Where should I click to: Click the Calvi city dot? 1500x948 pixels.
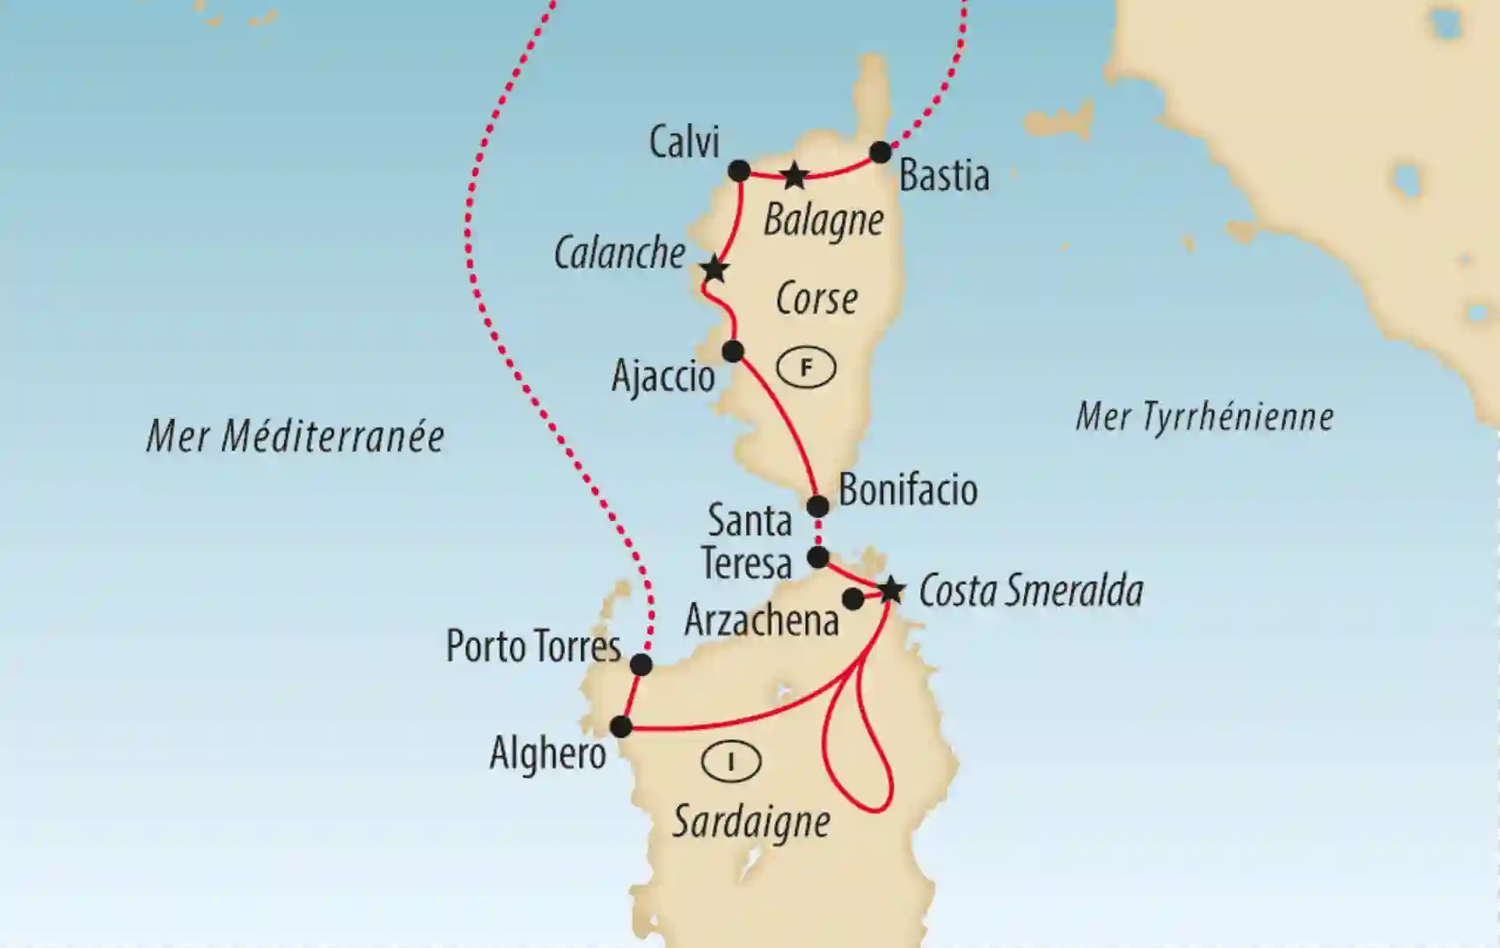(x=739, y=171)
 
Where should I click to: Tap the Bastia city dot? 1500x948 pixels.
(x=881, y=152)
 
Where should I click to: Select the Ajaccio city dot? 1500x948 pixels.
(x=733, y=351)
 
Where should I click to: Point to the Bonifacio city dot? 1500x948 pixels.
(x=818, y=506)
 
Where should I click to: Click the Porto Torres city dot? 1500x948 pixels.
(x=641, y=665)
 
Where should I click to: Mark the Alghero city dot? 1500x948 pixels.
(x=621, y=726)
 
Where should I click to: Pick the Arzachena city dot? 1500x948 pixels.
(x=852, y=599)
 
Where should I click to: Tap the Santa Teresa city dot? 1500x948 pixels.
(x=818, y=557)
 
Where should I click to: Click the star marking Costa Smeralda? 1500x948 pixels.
(x=891, y=590)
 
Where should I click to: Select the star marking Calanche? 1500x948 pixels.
(x=714, y=269)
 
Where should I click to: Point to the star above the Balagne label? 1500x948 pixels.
(x=794, y=175)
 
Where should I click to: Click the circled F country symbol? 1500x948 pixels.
(x=806, y=368)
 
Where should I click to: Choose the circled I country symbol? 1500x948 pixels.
(x=731, y=761)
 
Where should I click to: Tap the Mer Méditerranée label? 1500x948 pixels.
(x=295, y=437)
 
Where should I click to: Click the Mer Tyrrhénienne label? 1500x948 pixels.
(x=1204, y=416)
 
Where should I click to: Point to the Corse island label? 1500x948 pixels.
(x=816, y=299)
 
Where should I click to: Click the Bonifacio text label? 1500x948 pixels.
(x=908, y=489)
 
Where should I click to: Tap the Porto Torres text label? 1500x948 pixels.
(x=533, y=647)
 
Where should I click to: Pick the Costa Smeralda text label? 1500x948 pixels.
(x=1030, y=591)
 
